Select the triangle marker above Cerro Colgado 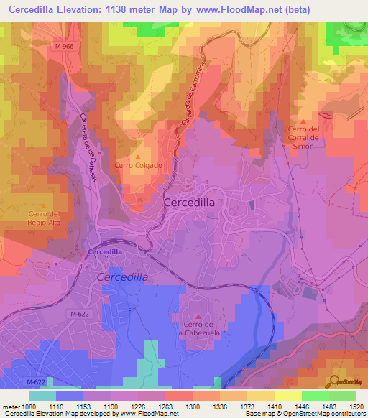(x=139, y=157)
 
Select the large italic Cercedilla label (x=122, y=277)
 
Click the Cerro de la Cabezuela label (x=200, y=329)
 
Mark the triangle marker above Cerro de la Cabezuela (x=199, y=316)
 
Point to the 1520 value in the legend (x=347, y=406)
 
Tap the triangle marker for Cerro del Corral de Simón (x=304, y=122)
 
